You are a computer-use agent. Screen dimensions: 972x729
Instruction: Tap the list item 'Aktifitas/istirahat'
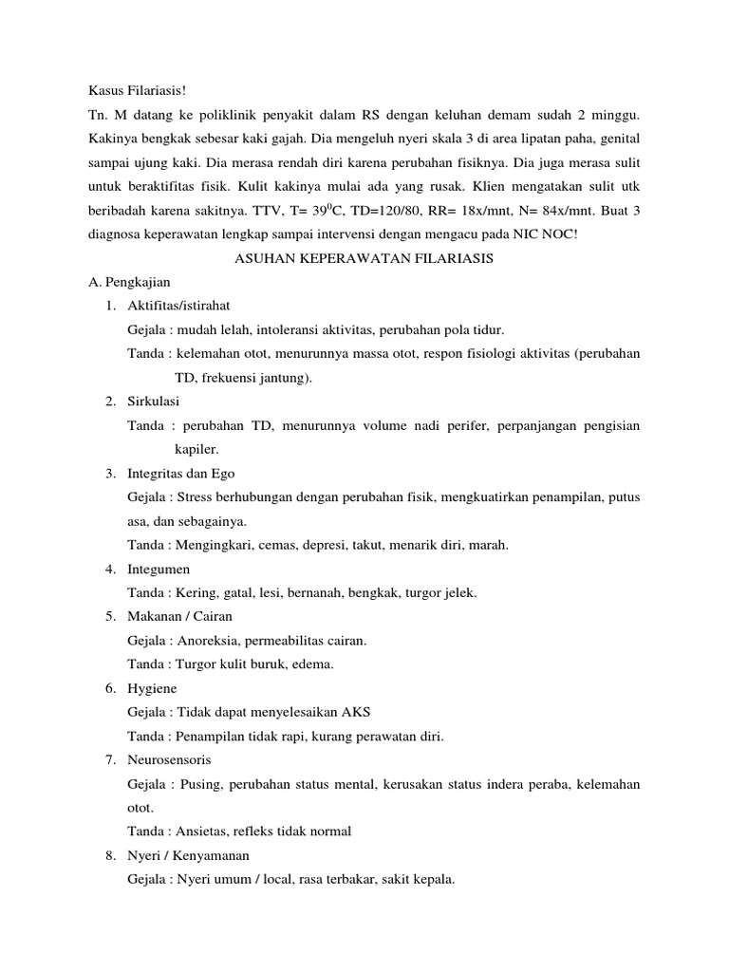178,306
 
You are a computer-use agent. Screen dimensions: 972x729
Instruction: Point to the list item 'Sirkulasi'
156,401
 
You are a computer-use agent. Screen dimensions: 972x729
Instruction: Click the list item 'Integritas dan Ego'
181,473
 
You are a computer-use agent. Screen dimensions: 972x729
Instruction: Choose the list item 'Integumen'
159,569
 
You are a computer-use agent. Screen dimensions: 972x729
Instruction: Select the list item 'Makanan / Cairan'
179,616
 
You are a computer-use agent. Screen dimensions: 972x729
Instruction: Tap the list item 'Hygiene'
152,687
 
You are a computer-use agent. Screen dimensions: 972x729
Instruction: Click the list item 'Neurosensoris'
170,759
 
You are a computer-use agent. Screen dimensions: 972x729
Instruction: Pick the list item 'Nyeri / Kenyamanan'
188,855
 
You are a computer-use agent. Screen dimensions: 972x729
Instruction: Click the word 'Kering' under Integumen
194,592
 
